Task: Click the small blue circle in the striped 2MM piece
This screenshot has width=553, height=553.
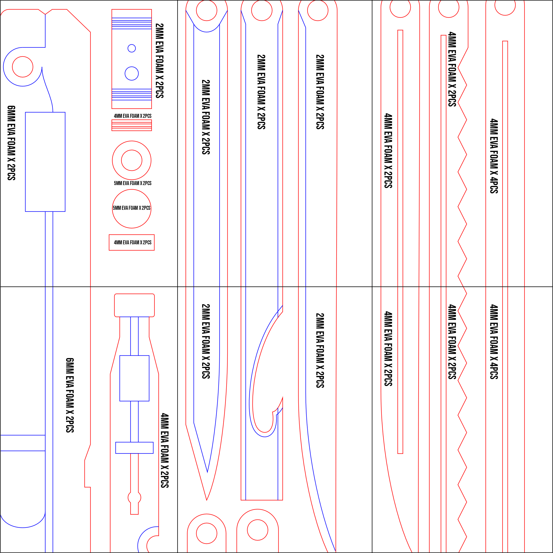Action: click(132, 48)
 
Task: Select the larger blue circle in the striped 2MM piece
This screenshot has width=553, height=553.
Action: click(132, 73)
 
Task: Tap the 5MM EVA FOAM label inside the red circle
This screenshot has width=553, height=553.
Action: click(132, 208)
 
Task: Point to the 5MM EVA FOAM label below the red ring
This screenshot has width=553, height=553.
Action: click(132, 183)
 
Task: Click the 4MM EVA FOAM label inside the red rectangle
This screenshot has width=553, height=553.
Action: click(132, 243)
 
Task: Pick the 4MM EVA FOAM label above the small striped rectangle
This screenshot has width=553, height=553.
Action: click(132, 116)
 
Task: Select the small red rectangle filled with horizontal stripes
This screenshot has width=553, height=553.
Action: click(132, 125)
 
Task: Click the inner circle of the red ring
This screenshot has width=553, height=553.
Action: click(132, 160)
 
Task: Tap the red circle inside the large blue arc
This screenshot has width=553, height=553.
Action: click(23, 67)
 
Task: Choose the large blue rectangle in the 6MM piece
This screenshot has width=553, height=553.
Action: click(45, 162)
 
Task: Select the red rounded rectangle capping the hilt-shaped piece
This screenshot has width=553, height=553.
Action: click(134, 305)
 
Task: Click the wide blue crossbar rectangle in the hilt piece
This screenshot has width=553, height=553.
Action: click(134, 448)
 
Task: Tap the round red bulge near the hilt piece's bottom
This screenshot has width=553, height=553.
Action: click(134, 498)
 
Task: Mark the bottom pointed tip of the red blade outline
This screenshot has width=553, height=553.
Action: click(207, 500)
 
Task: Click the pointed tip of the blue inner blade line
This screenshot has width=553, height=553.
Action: click(207, 472)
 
